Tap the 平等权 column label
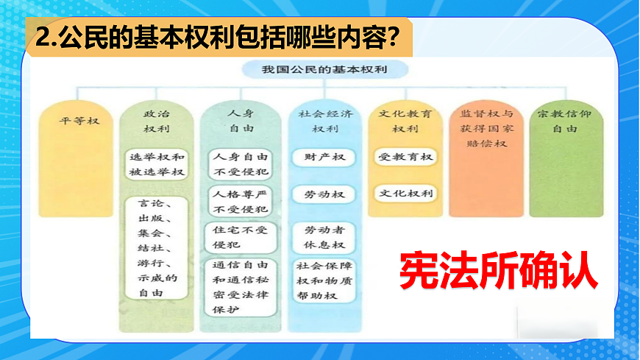pyautogui.click(x=79, y=121)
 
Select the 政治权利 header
pyautogui.click(x=156, y=121)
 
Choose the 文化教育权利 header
pyautogui.click(x=405, y=121)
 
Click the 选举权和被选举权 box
pyautogui.click(x=156, y=165)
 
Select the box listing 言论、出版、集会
pyautogui.click(x=157, y=247)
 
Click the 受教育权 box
pyautogui.click(x=405, y=158)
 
